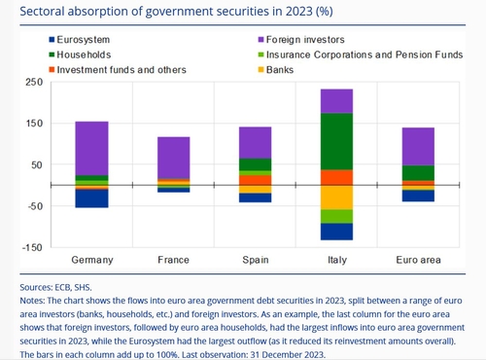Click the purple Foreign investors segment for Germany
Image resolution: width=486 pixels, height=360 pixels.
point(91,149)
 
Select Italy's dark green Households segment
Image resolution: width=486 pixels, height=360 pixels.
point(336,141)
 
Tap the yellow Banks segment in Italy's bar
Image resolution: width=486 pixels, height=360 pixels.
point(336,198)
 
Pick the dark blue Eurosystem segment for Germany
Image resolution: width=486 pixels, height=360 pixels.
point(91,198)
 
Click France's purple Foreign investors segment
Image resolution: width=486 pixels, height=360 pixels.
point(174,158)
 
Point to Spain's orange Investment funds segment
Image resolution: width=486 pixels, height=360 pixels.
point(256,180)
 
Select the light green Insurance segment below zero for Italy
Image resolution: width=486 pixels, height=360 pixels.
point(336,217)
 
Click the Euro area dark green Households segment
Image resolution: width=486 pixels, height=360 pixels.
point(418,173)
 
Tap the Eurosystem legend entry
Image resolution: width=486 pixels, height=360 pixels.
point(80,40)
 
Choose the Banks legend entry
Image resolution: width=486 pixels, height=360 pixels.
point(276,70)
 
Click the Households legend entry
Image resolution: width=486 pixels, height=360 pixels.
point(80,54)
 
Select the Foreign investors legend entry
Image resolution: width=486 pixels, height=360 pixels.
point(301,40)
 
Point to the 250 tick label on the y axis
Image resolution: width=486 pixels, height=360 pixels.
point(34,82)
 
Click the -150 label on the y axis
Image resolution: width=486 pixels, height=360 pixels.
point(32,248)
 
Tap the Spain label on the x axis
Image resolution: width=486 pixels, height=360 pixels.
point(256,260)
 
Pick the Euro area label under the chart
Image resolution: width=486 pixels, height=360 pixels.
point(418,260)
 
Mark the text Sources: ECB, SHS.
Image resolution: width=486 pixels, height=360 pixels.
point(55,287)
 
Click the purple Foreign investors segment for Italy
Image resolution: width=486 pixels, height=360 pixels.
point(336,101)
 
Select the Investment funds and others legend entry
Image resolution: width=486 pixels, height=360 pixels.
point(118,70)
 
